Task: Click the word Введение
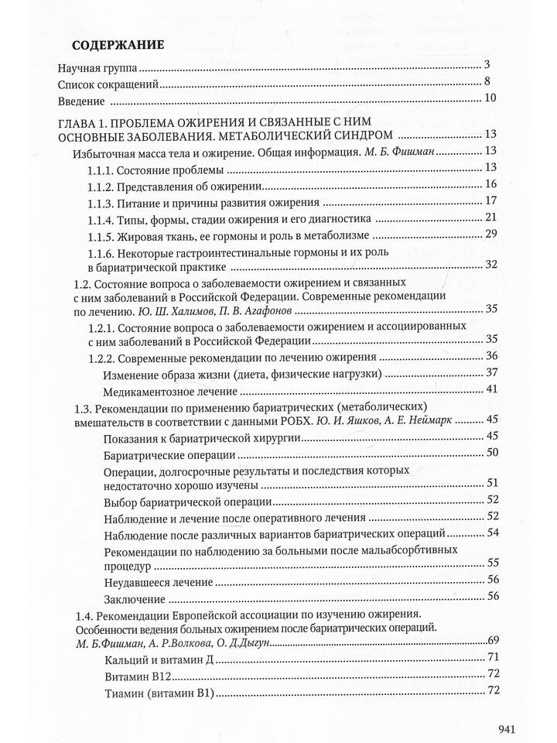80,102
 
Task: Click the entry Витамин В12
135,676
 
